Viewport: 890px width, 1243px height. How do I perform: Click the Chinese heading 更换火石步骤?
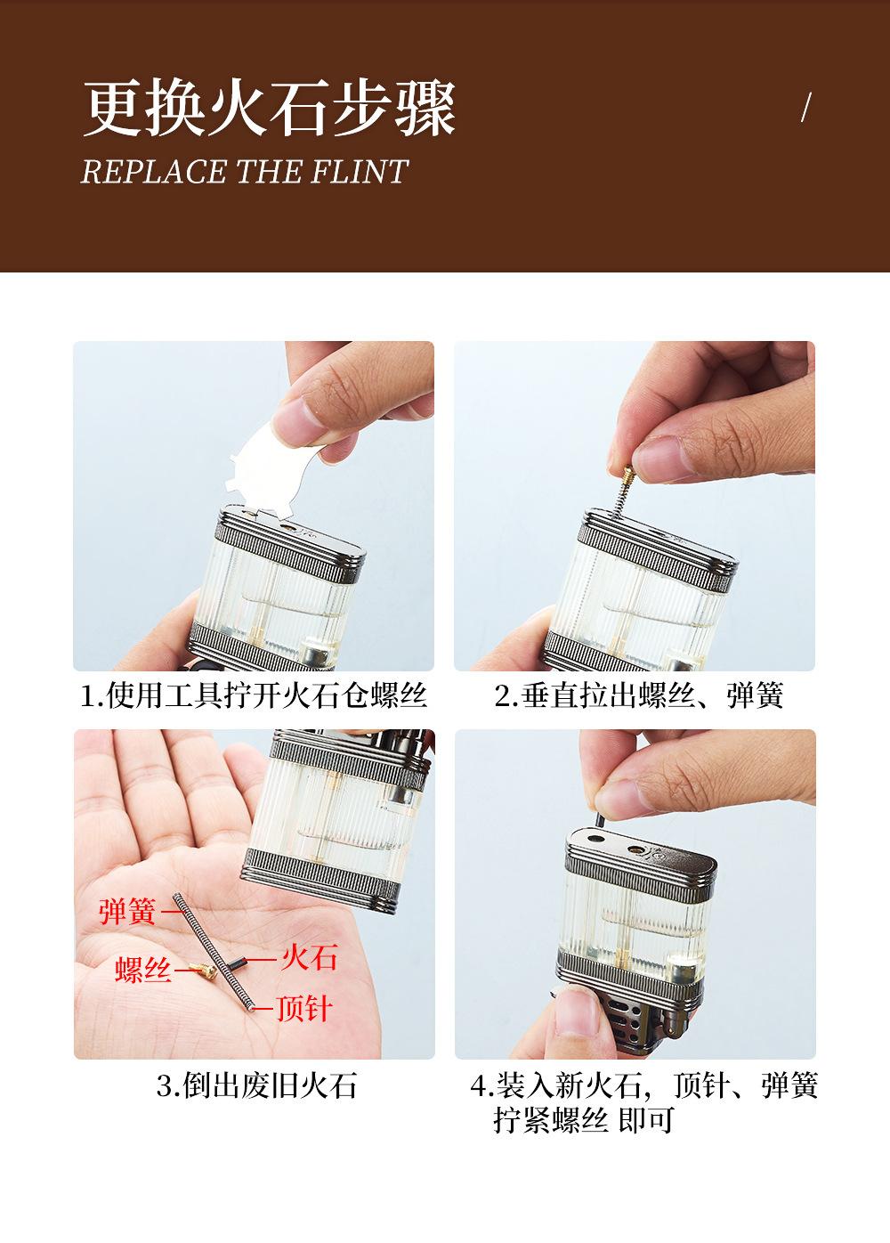[270, 108]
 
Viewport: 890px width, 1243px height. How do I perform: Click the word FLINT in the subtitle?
[360, 172]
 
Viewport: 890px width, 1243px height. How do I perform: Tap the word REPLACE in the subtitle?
[154, 172]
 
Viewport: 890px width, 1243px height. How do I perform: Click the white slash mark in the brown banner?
[806, 107]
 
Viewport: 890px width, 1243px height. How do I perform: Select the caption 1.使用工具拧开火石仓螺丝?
[254, 695]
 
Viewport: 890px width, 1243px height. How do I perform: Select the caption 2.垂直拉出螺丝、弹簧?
[639, 695]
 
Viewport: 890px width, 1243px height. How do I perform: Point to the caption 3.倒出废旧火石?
[256, 1085]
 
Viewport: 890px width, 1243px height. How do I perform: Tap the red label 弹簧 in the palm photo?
[127, 911]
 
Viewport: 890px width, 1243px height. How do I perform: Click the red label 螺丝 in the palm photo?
[143, 970]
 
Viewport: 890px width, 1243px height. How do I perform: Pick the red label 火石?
[310, 957]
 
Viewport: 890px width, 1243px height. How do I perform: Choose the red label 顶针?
[304, 1008]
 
